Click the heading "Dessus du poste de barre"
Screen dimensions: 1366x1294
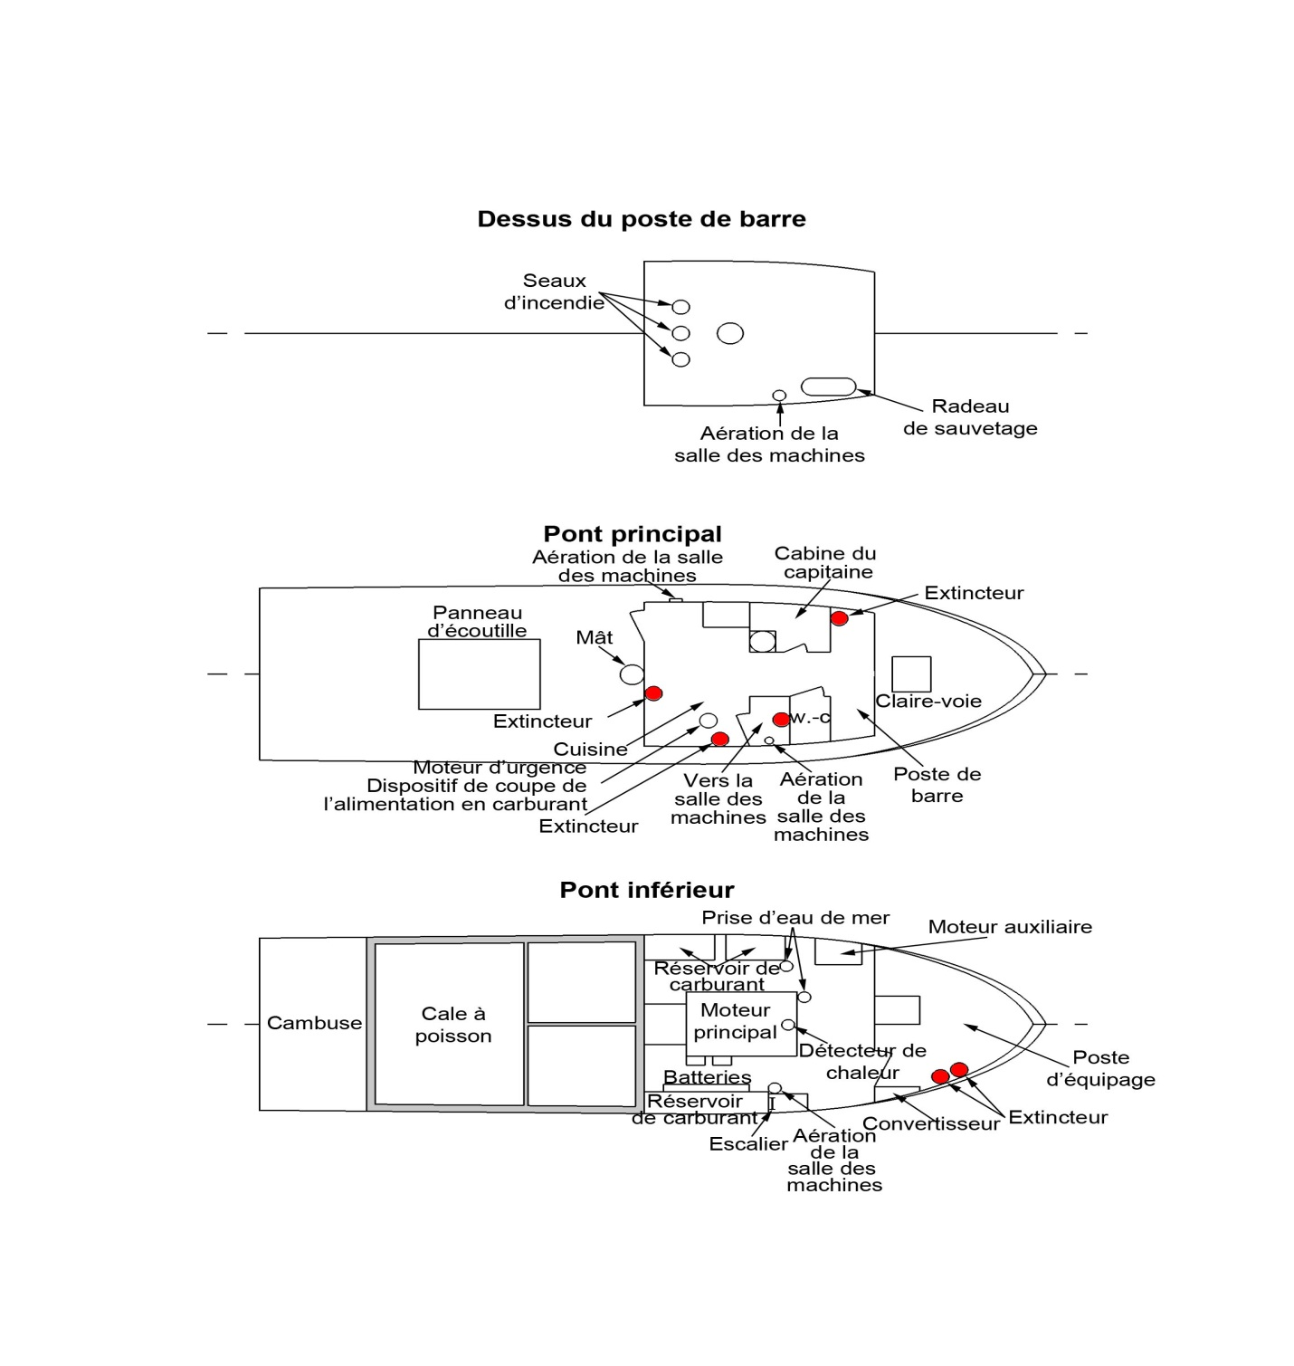coord(641,219)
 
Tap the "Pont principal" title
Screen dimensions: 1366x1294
coord(632,534)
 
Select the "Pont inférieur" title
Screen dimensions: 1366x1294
coord(646,890)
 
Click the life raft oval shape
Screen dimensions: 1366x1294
coord(828,387)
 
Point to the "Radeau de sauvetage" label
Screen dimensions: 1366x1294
coord(970,417)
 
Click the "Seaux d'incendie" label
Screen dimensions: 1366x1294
coord(554,291)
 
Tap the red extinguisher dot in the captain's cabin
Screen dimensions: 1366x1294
coord(839,618)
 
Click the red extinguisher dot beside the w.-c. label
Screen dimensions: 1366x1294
coord(781,720)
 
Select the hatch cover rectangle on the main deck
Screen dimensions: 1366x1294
coord(479,674)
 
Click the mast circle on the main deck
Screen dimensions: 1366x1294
coord(632,673)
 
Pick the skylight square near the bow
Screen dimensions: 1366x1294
coord(911,674)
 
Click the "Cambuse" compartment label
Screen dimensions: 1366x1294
coord(314,1023)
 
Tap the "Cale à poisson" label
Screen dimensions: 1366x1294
coord(453,1025)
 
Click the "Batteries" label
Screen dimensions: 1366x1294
coord(707,1077)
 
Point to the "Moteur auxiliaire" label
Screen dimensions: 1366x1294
coord(1010,927)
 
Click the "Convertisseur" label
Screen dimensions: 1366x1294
coord(930,1124)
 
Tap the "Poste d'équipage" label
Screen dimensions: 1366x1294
coord(1100,1068)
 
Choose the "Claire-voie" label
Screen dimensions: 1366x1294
coord(928,702)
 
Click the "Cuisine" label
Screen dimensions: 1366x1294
coord(590,750)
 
